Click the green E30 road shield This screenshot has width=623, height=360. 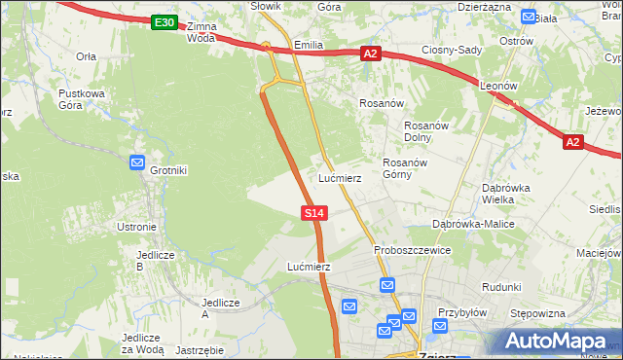point(165,22)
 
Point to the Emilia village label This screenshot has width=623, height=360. point(308,45)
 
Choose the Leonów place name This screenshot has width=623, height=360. point(497,86)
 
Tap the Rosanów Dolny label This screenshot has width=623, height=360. point(424,131)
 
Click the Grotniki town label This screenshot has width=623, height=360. point(169,170)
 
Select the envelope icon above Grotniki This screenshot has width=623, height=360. point(137,163)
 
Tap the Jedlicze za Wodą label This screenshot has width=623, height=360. point(142,342)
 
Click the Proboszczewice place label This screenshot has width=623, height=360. point(412,250)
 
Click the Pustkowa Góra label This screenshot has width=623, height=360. point(81,99)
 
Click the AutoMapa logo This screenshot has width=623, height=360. point(556,342)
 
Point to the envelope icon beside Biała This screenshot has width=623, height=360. point(528,17)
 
